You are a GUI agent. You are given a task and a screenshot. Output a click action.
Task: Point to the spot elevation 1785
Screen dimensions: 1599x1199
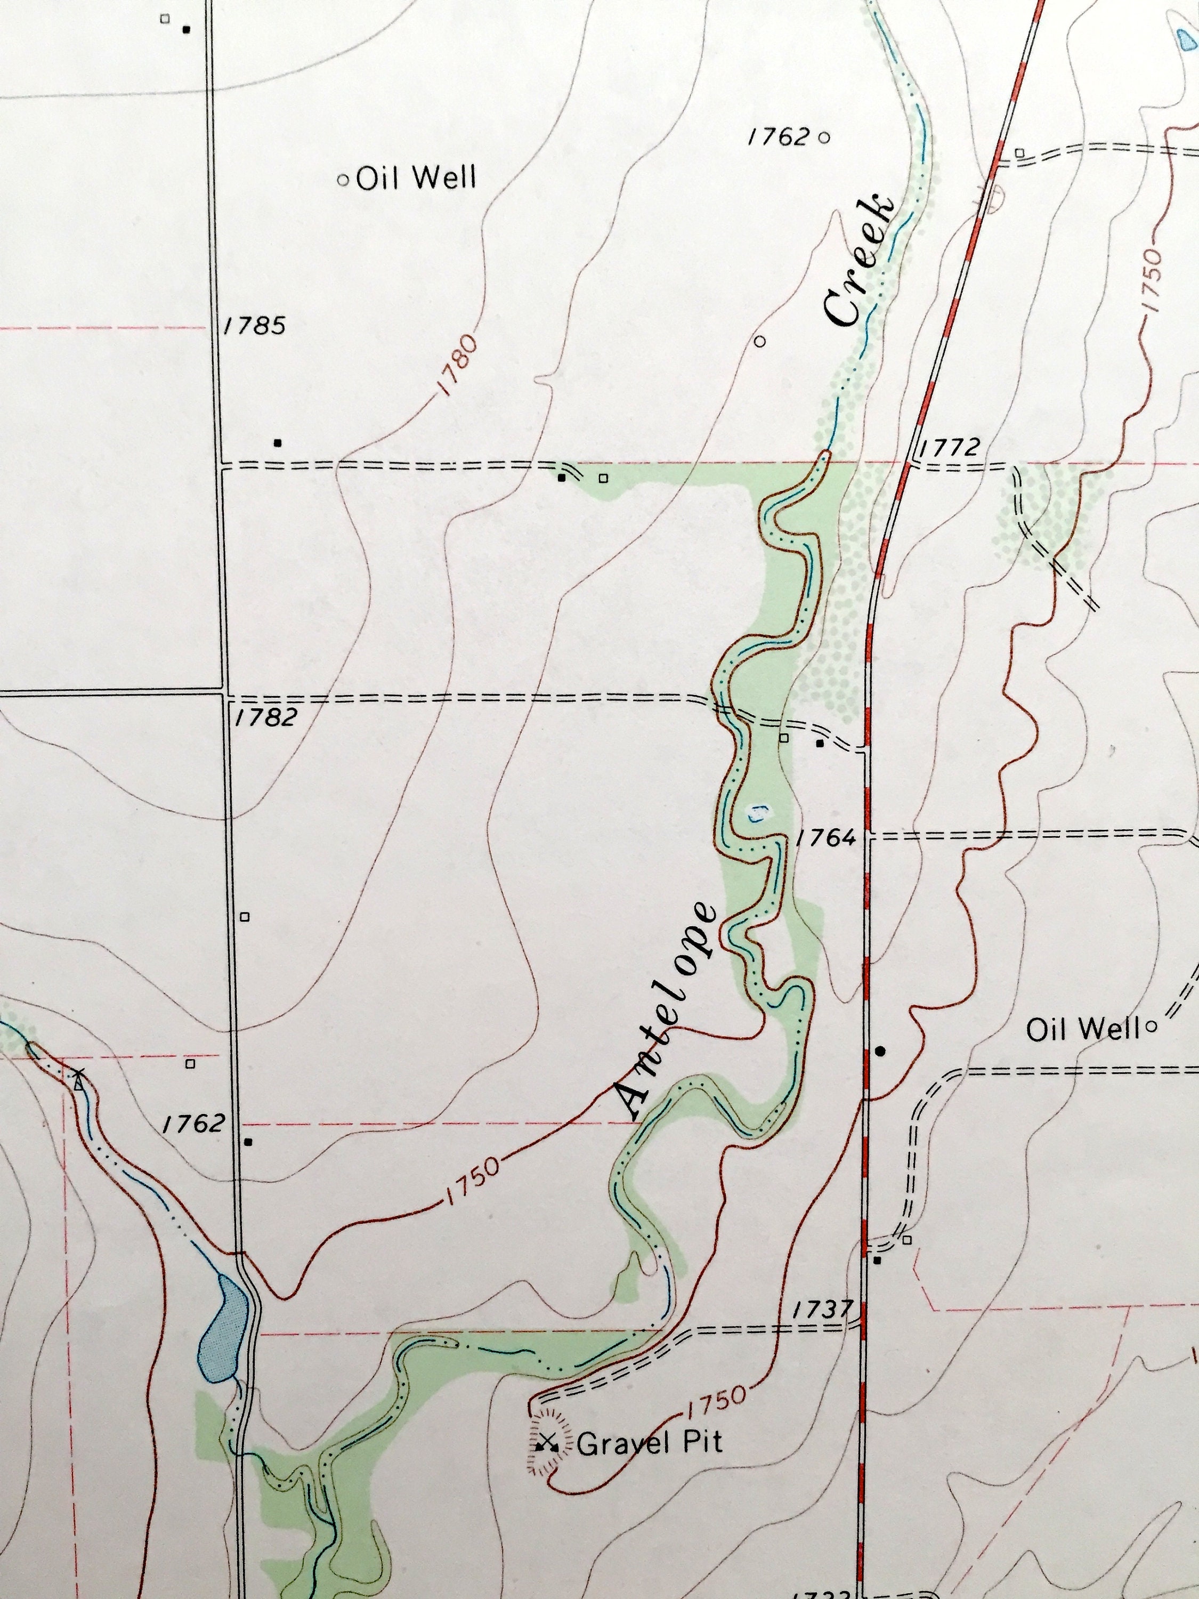click(x=254, y=326)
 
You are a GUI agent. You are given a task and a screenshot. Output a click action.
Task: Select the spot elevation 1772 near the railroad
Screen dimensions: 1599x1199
click(x=949, y=448)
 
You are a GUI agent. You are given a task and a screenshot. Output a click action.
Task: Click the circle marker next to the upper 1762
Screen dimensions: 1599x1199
click(x=824, y=136)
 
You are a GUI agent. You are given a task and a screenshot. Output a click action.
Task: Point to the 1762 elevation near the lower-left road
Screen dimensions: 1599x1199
click(x=193, y=1124)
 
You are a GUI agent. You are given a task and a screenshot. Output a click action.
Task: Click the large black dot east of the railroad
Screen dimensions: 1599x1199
click(x=880, y=1051)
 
